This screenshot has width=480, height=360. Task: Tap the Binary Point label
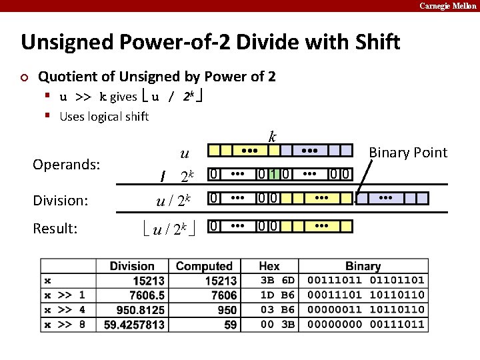click(x=408, y=153)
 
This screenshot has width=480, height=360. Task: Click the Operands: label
click(x=66, y=163)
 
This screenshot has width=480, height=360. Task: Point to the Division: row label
click(x=61, y=199)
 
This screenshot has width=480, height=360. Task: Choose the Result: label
click(x=55, y=229)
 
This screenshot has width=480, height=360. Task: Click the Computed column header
click(x=203, y=267)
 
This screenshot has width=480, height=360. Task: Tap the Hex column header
click(x=269, y=267)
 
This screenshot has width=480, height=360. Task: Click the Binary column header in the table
click(x=363, y=267)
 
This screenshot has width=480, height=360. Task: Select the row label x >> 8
click(x=65, y=325)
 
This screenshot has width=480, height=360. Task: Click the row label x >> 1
click(x=65, y=295)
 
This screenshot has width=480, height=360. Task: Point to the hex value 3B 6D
click(x=277, y=281)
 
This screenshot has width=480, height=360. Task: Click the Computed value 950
click(x=227, y=309)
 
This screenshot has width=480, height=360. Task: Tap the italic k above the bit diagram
click(x=272, y=137)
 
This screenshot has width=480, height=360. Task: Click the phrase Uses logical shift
click(x=104, y=117)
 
